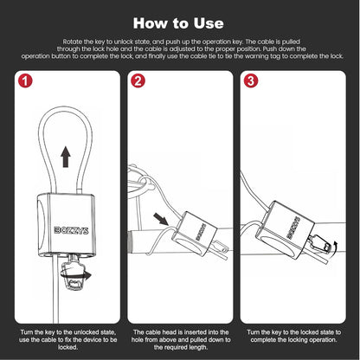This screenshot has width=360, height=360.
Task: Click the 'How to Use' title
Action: (x=180, y=21)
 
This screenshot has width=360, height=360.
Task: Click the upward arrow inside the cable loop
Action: (x=65, y=156)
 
